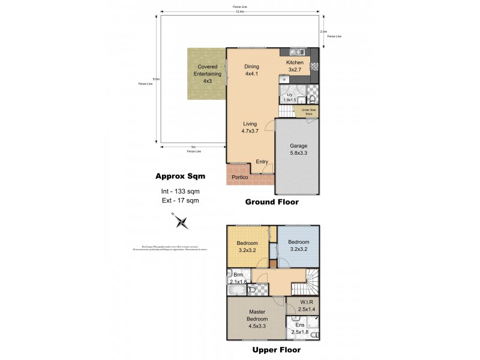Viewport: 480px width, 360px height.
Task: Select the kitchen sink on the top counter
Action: click(295, 52)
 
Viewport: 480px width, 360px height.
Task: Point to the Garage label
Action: click(298, 149)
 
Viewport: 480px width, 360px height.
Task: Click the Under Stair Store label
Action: click(308, 112)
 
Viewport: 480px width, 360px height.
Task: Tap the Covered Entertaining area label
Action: click(207, 74)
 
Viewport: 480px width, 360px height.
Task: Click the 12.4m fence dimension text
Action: click(239, 11)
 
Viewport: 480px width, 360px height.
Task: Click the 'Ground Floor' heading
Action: click(271, 202)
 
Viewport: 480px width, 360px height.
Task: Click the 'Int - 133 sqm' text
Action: click(180, 191)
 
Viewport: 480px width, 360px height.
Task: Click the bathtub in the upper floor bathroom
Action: click(238, 291)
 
